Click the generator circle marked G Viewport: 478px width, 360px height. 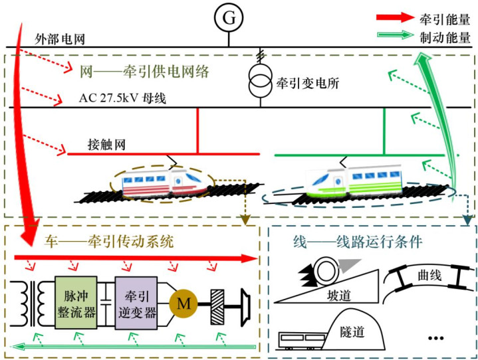(228, 18)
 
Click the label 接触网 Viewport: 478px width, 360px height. (107, 144)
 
